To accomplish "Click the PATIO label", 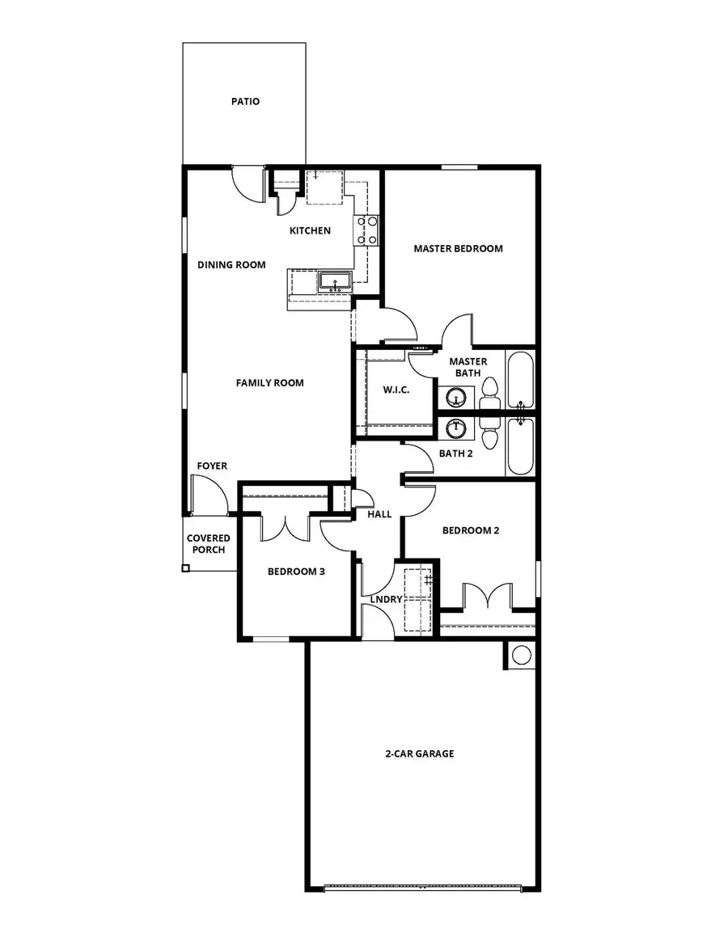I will coord(245,102).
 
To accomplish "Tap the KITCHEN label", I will coord(310,231).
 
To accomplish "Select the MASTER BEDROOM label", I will coord(458,248).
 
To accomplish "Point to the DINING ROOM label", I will coord(231,264).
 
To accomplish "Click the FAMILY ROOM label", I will coord(269,382).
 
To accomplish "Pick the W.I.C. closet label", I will coord(396,390).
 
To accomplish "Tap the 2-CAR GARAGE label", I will coord(419,753).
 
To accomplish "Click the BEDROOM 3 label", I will coord(296,572).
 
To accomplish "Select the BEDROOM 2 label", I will coord(470,530).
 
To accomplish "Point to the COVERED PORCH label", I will coord(208,544).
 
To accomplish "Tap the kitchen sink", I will coord(334,282).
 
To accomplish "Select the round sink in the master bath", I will coord(456,397).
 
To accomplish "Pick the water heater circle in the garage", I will coord(521,654).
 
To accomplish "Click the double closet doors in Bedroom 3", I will coord(286,527).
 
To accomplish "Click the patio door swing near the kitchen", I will coord(246,184).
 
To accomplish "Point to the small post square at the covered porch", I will coord(185,568).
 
